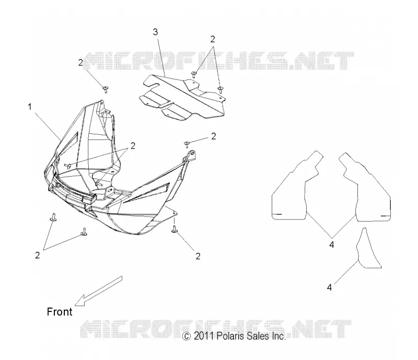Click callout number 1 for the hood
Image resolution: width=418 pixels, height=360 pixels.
(x=30, y=107)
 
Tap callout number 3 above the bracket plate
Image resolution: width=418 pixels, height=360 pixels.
(x=155, y=32)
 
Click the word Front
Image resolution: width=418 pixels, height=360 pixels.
(x=60, y=312)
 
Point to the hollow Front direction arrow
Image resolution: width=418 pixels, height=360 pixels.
(x=98, y=291)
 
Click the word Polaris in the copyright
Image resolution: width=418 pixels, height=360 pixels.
(x=230, y=336)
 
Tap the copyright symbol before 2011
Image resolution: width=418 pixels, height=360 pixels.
(x=187, y=336)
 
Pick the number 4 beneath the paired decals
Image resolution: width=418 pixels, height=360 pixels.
(x=332, y=244)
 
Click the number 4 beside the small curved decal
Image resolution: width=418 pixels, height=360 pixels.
(x=330, y=287)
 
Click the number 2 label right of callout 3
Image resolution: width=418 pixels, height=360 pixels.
(x=213, y=39)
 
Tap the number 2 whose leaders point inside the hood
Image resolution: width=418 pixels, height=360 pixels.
(x=133, y=146)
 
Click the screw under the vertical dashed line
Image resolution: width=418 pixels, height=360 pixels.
(x=175, y=229)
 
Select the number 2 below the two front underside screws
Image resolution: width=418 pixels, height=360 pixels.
(x=37, y=255)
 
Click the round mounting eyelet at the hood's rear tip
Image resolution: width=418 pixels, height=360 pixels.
(x=191, y=154)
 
